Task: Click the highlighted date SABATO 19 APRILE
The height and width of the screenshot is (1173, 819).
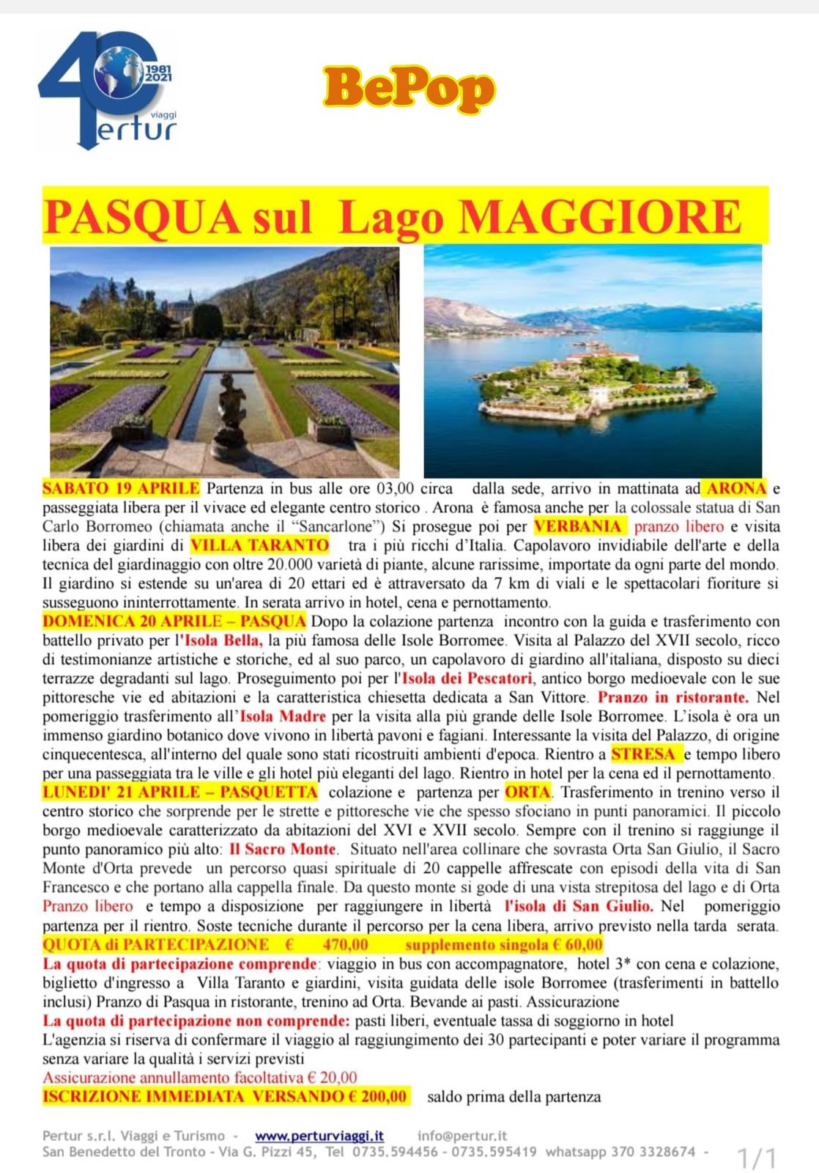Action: [x=121, y=488]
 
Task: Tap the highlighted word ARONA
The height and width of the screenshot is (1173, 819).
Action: [x=736, y=488]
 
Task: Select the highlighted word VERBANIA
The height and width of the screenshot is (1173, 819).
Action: [x=579, y=526]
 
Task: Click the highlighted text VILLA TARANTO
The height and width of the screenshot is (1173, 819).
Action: [x=259, y=545]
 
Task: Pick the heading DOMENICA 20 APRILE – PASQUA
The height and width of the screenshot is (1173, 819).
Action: [x=174, y=622]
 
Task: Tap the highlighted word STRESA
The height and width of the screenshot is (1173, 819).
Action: [x=643, y=754]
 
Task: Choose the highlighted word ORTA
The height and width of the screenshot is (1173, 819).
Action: [x=527, y=793]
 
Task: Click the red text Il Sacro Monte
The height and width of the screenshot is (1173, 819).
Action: [x=282, y=850]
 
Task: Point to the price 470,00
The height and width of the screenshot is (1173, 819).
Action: [x=346, y=945]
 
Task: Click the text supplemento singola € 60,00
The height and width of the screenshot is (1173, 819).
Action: [x=504, y=945]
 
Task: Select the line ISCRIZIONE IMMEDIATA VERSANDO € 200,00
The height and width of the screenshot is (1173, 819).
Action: [x=225, y=1097]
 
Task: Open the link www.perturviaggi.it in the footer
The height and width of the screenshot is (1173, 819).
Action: [x=319, y=1136]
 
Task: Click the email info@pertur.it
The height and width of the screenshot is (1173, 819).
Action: [x=462, y=1136]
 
